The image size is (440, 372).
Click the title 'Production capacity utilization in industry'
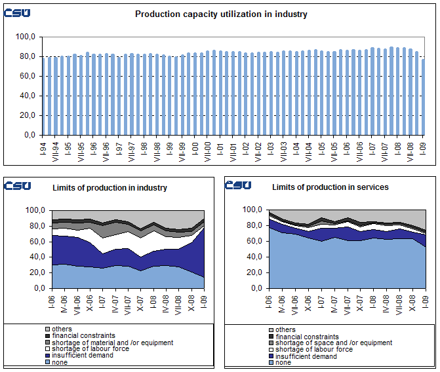[x=221, y=14]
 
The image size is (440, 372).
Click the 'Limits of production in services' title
[x=330, y=187]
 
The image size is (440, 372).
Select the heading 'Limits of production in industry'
[x=110, y=188]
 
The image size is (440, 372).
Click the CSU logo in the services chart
[x=237, y=185]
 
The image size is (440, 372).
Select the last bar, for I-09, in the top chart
[x=424, y=97]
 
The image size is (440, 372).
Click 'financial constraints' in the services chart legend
[x=307, y=336]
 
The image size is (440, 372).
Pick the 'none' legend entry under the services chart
[x=283, y=363]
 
